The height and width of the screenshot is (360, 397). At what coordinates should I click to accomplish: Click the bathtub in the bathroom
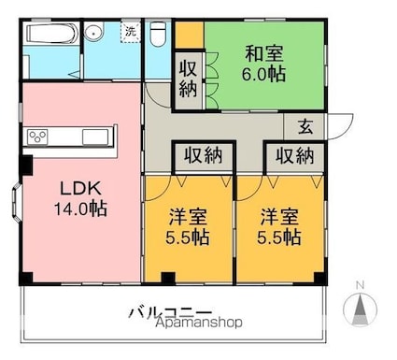pos(52,34)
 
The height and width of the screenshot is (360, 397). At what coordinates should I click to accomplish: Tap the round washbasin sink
pos(93,33)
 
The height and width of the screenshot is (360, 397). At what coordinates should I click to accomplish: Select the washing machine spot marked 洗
pos(131,32)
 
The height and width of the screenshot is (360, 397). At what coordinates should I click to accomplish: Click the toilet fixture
pos(158,34)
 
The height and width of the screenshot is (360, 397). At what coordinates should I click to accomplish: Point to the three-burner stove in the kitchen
pos(37,137)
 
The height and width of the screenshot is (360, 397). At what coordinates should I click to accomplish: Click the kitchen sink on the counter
pos(95,137)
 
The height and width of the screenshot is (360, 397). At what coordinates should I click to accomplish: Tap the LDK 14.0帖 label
pos(80,198)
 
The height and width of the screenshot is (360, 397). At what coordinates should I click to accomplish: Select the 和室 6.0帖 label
pos(264,64)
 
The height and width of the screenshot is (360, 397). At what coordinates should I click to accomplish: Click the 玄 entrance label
pos(305,127)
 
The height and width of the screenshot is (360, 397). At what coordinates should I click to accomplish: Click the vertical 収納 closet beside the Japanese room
pos(188,80)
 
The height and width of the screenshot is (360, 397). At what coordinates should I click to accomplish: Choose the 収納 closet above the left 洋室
pos(203,155)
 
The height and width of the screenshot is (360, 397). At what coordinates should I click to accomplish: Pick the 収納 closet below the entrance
pos(295,155)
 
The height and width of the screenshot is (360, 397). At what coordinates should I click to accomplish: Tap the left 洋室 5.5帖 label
pos(188,226)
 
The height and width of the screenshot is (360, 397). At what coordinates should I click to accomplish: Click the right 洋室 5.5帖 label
pos(279,226)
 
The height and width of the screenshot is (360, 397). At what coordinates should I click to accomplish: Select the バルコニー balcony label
pos(171,312)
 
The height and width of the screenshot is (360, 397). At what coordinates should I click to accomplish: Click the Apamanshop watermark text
pos(199,323)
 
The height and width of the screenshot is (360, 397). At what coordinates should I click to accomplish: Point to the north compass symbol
pos(360,307)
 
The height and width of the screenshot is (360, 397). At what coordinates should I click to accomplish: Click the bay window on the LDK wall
pos(16,203)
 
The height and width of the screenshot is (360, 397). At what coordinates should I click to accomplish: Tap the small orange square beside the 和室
pos(190,36)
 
